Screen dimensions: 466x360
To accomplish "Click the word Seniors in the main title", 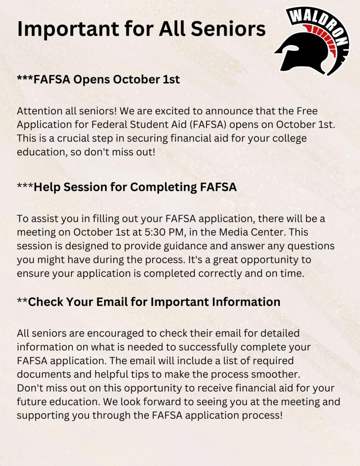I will (x=228, y=29).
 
